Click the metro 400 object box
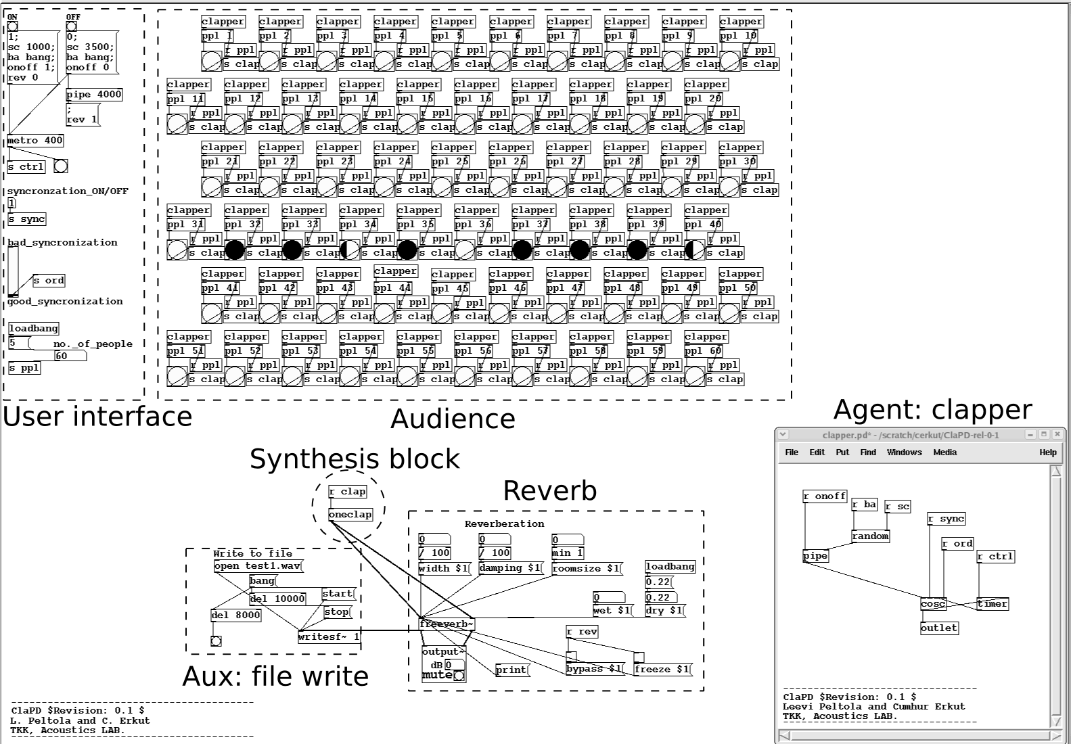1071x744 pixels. coord(35,141)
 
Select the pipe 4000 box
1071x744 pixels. coord(94,95)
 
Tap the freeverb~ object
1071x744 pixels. coord(447,624)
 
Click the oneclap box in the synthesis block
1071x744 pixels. coord(350,515)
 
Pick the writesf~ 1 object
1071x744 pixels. coord(329,636)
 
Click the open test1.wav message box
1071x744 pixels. coord(258,566)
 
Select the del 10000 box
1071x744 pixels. coord(277,599)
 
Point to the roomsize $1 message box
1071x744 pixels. coord(586,569)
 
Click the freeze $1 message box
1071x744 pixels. coord(662,670)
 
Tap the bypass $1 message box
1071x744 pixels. coord(594,669)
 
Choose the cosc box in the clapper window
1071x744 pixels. coord(933,604)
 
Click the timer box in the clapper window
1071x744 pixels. coord(993,604)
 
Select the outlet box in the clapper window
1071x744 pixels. coord(939,628)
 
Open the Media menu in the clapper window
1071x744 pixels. coord(944,452)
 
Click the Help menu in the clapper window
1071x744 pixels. coord(1047,452)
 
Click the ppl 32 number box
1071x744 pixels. coord(243,225)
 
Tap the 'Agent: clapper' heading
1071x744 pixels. coord(932,410)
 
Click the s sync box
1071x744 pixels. coord(27,219)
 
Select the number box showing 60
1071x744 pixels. coord(70,356)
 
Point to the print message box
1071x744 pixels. coord(511,670)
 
